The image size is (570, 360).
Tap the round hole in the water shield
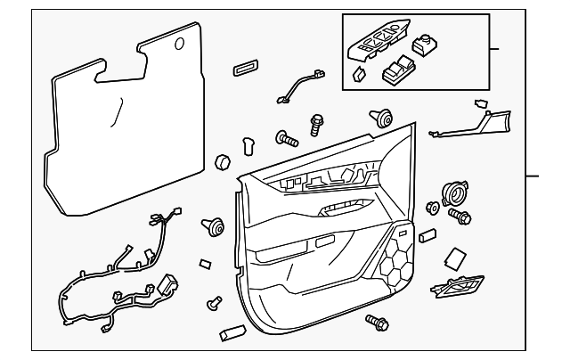(180, 43)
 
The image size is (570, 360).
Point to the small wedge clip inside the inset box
(359, 75)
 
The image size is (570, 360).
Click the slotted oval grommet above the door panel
(244, 69)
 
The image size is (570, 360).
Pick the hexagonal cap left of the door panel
(223, 162)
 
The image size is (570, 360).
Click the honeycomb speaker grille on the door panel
(395, 260)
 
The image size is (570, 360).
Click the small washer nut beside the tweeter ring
(434, 208)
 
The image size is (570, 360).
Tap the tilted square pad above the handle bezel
(455, 258)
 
